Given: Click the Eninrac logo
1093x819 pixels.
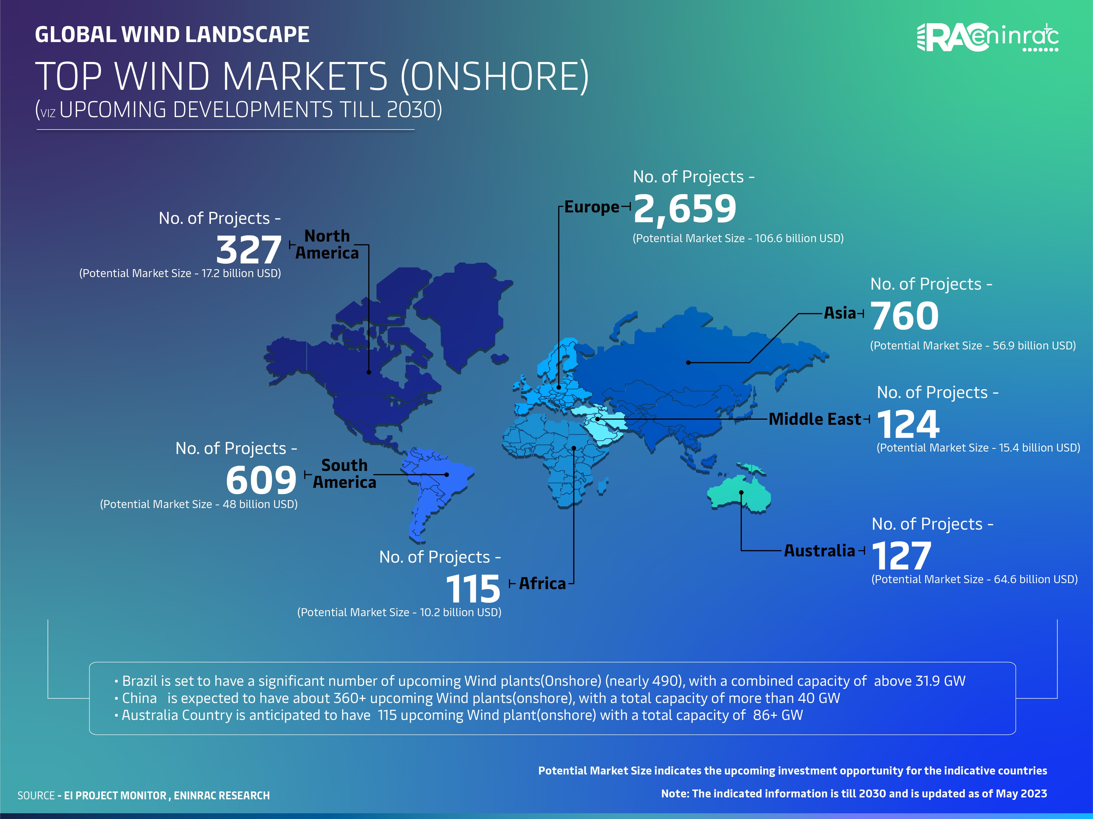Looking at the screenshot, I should [x=987, y=37].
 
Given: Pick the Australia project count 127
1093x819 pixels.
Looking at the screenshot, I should [x=902, y=556].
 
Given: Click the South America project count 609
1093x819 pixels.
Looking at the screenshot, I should [x=261, y=480].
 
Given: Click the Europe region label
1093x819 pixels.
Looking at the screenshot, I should [x=591, y=207].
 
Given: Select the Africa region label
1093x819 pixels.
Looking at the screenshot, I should [x=542, y=583].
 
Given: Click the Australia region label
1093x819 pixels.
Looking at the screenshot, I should [x=819, y=550].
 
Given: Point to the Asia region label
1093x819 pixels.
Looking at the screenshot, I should [x=839, y=313].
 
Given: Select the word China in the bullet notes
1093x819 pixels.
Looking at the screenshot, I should [x=139, y=698].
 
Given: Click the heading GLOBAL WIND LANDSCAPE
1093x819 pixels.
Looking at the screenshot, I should [x=172, y=35].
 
